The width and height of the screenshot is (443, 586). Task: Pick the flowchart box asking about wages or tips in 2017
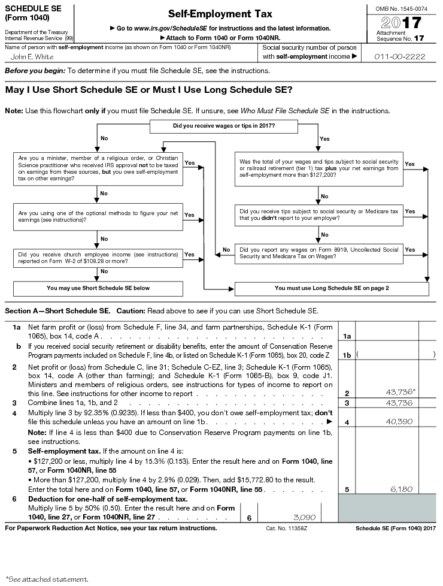point(224,126)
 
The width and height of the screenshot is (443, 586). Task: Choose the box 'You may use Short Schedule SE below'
point(98,288)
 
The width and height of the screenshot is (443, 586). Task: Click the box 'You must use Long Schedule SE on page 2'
point(332,288)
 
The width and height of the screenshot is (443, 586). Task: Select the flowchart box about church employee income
point(98,257)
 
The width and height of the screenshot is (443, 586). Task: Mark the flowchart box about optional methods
point(98,216)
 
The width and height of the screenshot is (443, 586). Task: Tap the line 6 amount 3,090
point(303,516)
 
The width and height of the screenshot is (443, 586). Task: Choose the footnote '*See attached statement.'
point(47,579)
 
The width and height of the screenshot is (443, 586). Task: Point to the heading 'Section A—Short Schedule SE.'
point(57,310)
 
